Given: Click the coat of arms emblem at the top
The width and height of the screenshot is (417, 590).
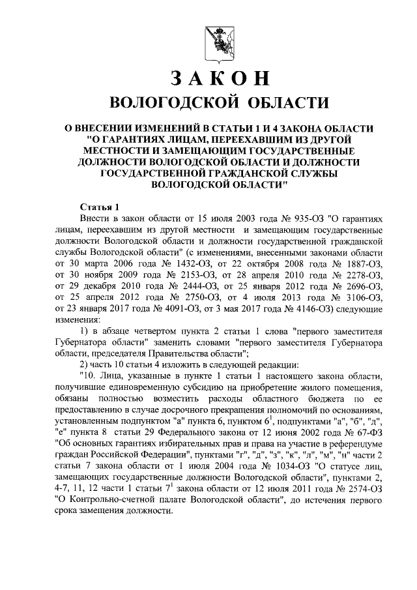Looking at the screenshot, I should point(218,38).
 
